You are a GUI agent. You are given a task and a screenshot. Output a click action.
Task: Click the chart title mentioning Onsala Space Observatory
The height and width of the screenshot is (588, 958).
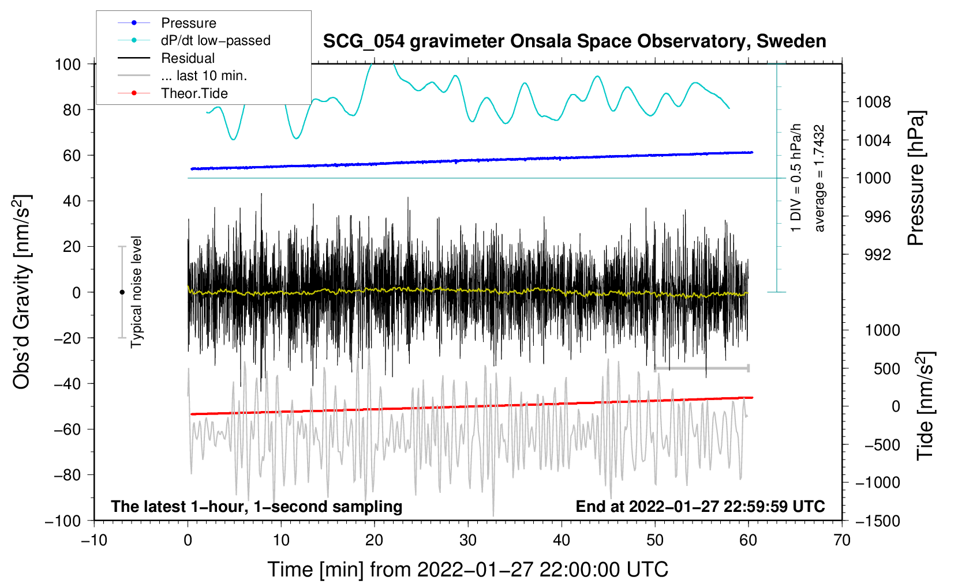point(574,42)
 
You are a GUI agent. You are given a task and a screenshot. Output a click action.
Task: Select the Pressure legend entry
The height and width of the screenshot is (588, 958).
point(188,23)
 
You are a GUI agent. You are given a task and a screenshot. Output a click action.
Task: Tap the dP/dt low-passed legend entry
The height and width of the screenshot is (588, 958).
point(215,40)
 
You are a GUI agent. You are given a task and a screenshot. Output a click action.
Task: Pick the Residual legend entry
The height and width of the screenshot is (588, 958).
point(188,58)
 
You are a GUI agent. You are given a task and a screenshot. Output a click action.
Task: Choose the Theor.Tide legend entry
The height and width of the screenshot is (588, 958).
point(194,93)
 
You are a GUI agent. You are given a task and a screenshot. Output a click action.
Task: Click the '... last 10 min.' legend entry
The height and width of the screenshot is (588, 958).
point(204,76)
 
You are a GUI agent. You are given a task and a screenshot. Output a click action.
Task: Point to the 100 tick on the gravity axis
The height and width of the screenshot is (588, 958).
point(68,64)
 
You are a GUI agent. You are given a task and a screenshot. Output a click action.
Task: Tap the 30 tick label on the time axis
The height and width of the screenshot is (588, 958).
point(468,540)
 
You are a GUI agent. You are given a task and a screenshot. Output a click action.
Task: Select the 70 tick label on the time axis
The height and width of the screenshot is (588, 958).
point(842,540)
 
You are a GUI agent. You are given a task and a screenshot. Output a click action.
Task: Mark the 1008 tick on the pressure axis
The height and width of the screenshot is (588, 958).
point(873,103)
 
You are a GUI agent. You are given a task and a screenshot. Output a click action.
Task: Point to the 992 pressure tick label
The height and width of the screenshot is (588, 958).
point(877,255)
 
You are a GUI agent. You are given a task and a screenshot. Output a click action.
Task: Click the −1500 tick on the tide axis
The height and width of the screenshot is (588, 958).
point(877,521)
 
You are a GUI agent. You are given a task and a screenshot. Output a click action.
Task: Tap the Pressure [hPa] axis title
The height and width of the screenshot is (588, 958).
point(916,179)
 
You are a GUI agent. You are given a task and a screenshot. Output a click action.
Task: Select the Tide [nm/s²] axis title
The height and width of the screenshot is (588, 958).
point(926,405)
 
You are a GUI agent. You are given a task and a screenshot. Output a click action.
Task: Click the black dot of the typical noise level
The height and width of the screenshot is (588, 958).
point(122,292)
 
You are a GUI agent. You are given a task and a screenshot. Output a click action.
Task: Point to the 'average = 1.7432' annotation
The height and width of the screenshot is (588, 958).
point(819,179)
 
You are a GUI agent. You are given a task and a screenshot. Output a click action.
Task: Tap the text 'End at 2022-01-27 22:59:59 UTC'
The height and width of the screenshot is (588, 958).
point(700,506)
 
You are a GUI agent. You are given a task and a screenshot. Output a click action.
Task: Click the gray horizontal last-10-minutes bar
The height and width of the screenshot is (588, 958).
point(701,368)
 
